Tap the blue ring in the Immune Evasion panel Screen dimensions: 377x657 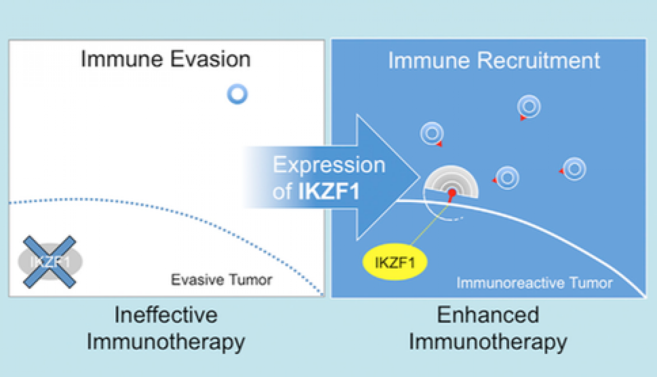(x=237, y=94)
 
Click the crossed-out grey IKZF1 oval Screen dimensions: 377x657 (x=50, y=262)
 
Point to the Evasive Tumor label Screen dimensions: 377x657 (x=221, y=280)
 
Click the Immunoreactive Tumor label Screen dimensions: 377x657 (x=534, y=283)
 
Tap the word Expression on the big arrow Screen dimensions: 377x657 (x=329, y=165)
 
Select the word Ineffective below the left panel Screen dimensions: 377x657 (x=166, y=314)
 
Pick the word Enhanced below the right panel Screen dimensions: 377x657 (x=488, y=314)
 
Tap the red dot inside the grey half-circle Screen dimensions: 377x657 (x=452, y=193)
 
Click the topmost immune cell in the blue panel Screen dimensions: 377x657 (x=529, y=107)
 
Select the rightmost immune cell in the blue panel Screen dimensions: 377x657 (x=574, y=168)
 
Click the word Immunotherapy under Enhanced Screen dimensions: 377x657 (x=488, y=342)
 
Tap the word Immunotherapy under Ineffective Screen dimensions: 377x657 (x=166, y=342)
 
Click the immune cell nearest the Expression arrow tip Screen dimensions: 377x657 (x=432, y=133)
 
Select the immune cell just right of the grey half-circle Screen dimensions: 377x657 (x=507, y=177)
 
